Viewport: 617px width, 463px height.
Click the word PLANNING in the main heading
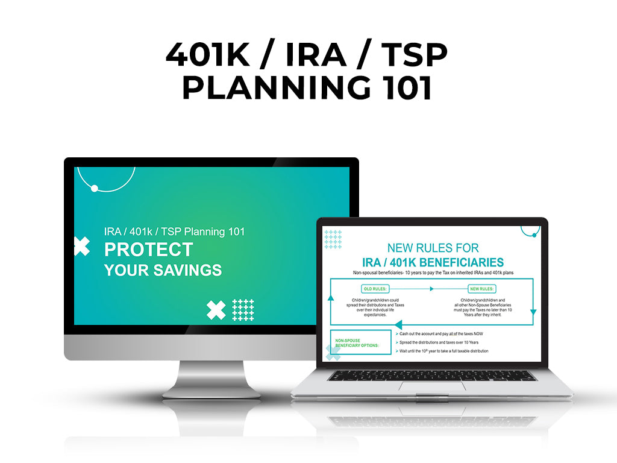click(x=275, y=88)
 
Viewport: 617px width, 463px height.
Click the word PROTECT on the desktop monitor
click(x=149, y=250)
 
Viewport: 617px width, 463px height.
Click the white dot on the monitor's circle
click(x=94, y=189)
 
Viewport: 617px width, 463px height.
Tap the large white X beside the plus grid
click(x=216, y=310)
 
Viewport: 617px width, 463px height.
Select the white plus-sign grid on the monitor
click(x=243, y=310)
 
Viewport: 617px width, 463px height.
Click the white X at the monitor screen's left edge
click(x=81, y=246)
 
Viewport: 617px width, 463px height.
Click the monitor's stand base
click(x=211, y=392)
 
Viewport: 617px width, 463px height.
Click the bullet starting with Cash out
click(x=445, y=333)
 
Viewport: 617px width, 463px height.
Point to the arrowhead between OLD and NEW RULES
click(x=431, y=289)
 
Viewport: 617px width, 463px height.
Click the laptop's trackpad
click(x=431, y=385)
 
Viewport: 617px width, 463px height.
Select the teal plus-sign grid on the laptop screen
click(x=333, y=239)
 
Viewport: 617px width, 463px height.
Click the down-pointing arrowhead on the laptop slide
click(x=533, y=312)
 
